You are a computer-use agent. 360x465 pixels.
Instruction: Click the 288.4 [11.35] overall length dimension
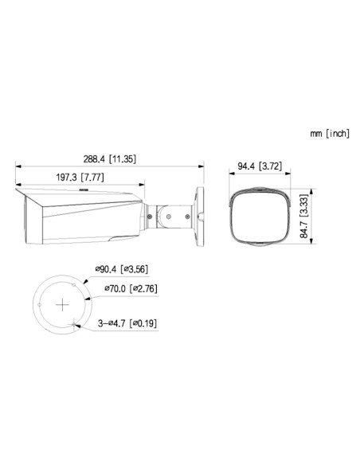point(112,159)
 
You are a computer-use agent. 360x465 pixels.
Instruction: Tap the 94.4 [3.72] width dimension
point(260,166)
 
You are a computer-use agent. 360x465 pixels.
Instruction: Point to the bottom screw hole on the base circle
point(74,322)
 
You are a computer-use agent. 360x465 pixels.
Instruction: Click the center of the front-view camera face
point(260,217)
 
